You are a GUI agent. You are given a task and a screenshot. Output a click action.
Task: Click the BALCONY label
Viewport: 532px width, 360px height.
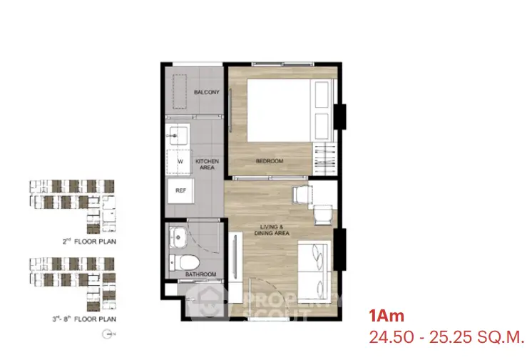pos(207,92)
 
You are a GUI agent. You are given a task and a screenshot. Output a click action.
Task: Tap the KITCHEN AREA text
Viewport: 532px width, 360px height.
pos(207,164)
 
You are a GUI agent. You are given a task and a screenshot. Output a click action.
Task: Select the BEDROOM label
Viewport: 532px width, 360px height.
pos(270,161)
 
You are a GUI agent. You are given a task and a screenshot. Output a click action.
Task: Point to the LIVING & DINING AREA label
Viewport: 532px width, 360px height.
pos(272,230)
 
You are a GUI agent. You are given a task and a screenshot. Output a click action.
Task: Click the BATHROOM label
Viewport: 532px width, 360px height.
pos(200,274)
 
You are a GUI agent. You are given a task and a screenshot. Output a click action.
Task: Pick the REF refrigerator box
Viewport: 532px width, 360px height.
pos(181,190)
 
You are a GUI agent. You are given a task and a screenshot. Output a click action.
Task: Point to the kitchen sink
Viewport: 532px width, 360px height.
pos(177,135)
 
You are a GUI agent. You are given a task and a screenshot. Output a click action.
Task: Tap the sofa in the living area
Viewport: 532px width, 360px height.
pos(314,272)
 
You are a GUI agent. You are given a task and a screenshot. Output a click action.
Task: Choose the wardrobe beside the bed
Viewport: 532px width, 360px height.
pos(324,159)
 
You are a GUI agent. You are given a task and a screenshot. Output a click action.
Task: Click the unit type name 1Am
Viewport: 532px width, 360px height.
pos(387,316)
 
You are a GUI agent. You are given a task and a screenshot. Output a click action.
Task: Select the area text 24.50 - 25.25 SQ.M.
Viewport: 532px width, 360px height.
pos(446,337)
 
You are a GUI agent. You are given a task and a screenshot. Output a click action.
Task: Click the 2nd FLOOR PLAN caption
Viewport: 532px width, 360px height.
pos(89,241)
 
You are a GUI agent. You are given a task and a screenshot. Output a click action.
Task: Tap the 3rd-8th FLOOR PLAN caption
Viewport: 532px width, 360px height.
pos(84,319)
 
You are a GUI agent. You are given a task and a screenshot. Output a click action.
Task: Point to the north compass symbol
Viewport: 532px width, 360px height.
pos(108,334)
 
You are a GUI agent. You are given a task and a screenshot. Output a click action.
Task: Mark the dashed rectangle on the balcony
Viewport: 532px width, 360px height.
pos(180,92)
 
